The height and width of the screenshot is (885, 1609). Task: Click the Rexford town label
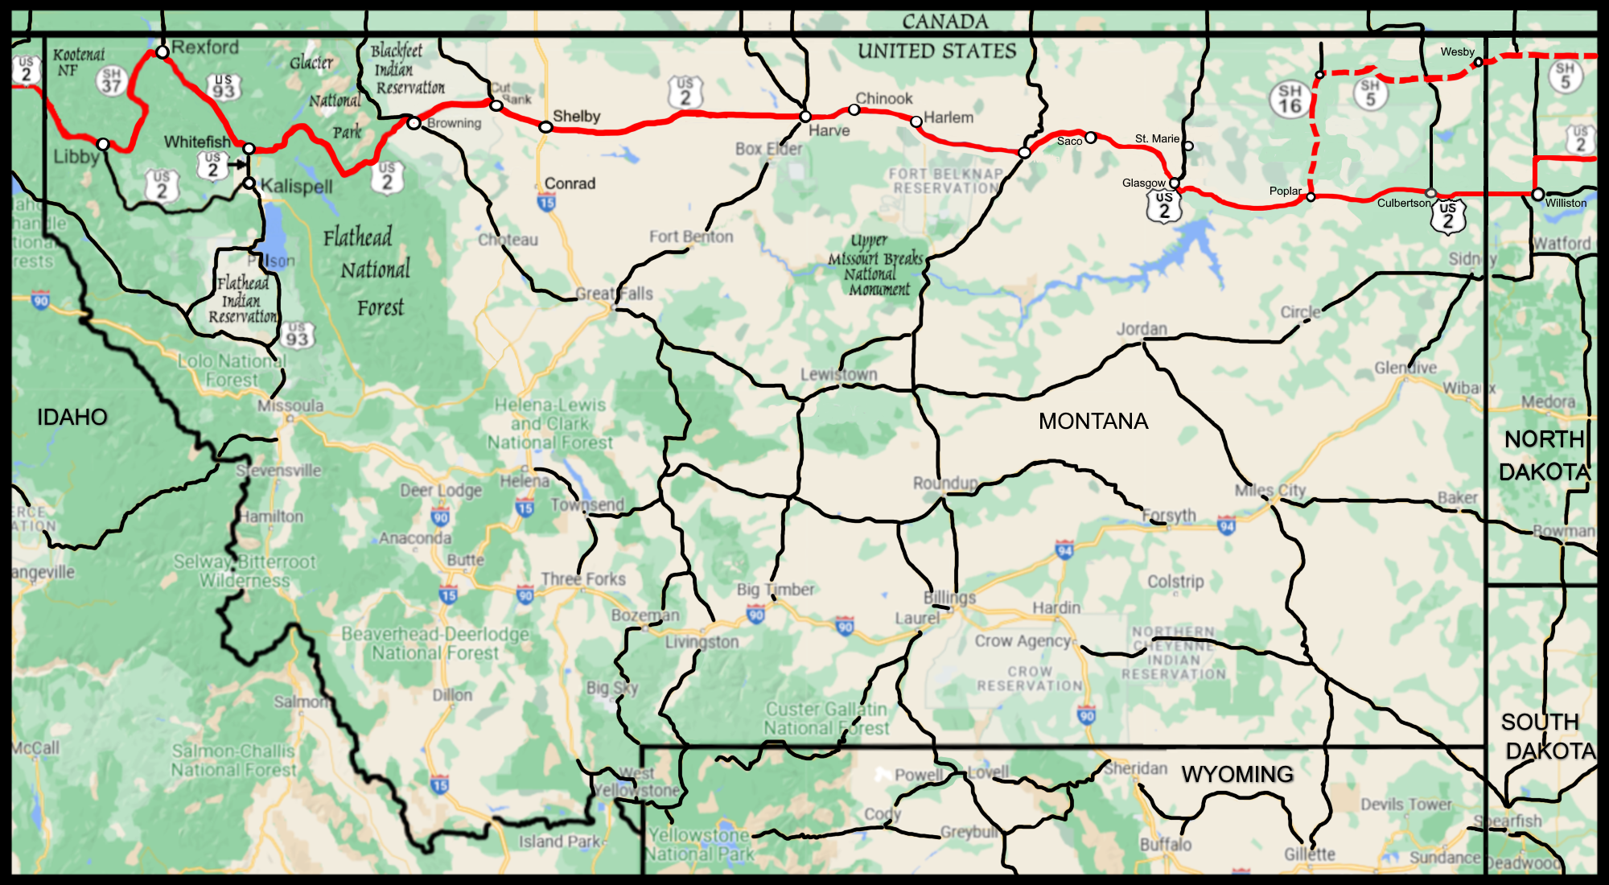[205, 47]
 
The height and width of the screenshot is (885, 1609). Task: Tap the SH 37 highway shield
[112, 80]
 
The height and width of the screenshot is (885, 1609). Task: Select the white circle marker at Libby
[103, 144]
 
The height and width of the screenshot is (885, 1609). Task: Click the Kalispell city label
[296, 186]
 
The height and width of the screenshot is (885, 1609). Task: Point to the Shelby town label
[576, 116]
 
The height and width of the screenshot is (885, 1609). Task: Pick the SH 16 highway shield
[1290, 99]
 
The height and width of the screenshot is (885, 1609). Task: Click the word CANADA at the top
[944, 22]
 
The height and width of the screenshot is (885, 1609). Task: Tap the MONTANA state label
[1093, 421]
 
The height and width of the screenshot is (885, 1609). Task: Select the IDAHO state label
[72, 417]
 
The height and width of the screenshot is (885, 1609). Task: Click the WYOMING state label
[1237, 774]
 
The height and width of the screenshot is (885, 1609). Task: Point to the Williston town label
[1565, 203]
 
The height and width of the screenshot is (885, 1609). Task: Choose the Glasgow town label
[1143, 183]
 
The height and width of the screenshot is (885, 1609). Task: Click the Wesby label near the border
[1457, 51]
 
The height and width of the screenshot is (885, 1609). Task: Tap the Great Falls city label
[614, 294]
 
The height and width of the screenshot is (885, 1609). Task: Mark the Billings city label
[949, 597]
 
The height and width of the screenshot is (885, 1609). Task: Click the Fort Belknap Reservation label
[946, 180]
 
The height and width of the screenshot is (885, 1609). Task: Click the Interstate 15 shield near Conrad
[546, 203]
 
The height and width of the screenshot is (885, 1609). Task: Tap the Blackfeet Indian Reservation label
[407, 69]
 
